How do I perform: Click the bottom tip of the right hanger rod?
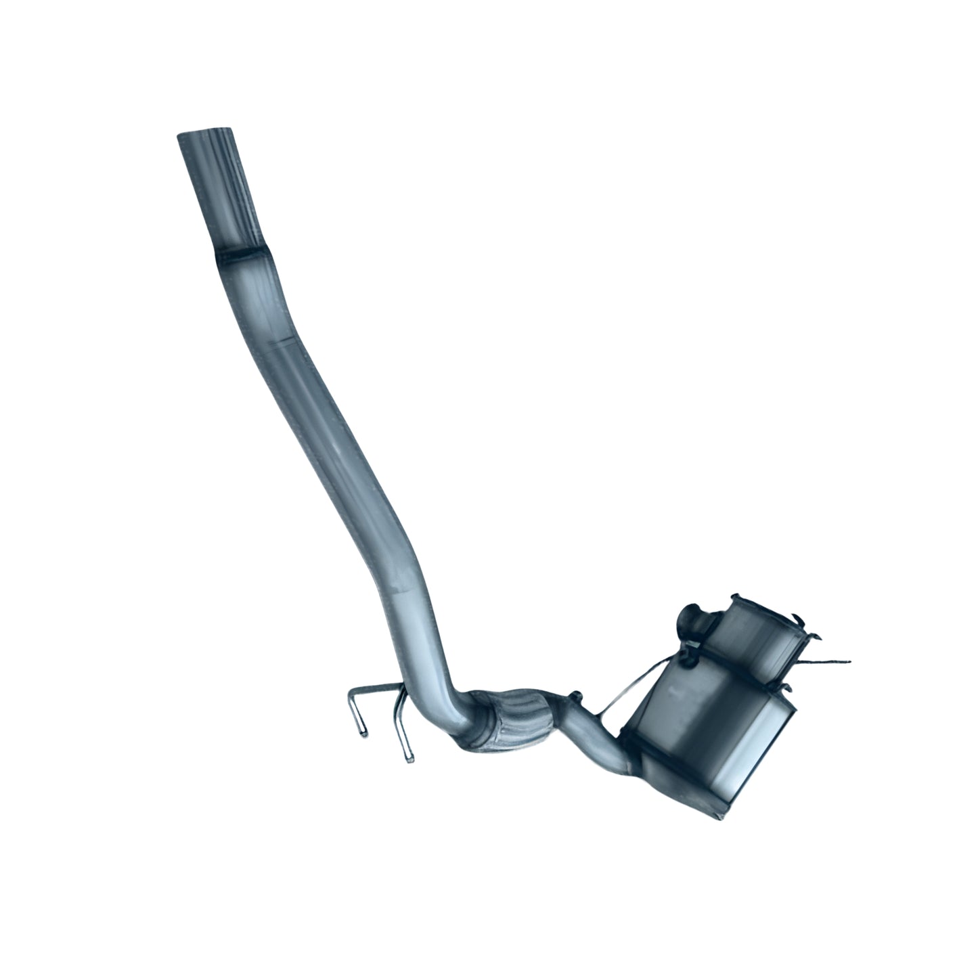(409, 759)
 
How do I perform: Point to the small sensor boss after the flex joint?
(576, 696)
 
